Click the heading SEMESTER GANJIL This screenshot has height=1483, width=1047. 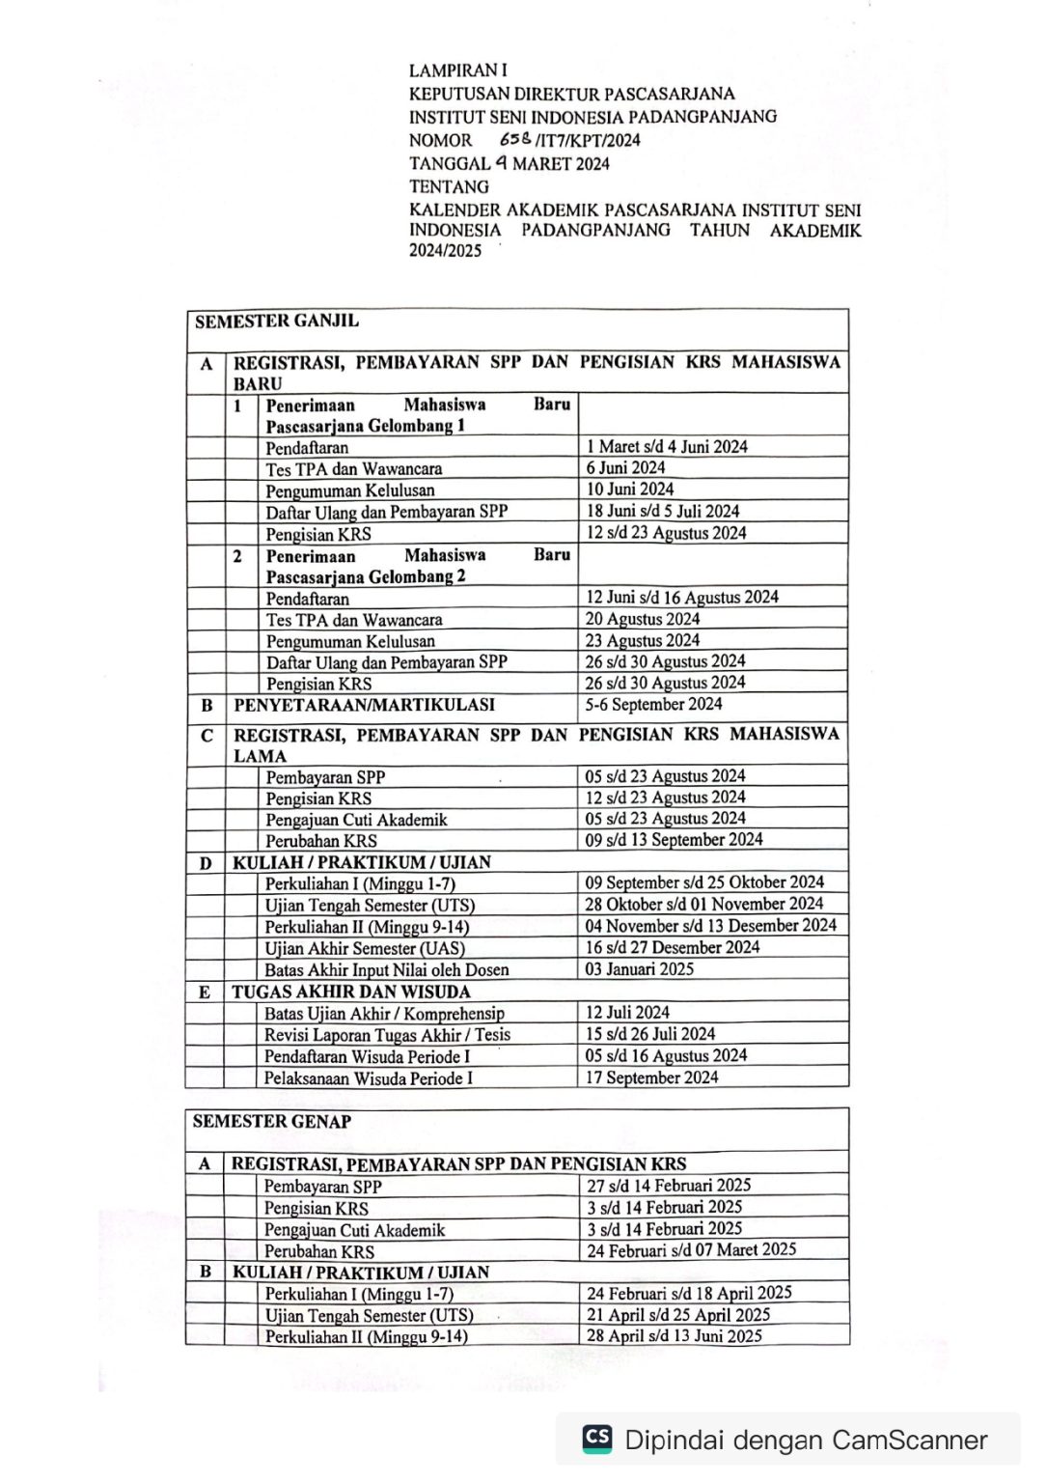coord(277,322)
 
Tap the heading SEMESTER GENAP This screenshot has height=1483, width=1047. coord(272,1122)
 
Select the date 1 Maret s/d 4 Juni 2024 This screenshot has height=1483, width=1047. coord(667,447)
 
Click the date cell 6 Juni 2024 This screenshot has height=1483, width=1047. coord(625,468)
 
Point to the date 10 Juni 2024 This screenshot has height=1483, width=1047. coord(630,490)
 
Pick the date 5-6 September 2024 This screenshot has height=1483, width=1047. coord(653,705)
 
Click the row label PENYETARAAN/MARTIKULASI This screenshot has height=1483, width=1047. coord(364,706)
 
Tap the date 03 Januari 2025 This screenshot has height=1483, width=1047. coord(640,969)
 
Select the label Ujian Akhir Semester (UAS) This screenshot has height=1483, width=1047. coord(365,948)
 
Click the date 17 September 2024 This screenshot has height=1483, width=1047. coord(652,1077)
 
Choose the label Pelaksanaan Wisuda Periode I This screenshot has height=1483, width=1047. coord(369,1078)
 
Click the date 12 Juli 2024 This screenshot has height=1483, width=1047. coord(627,1013)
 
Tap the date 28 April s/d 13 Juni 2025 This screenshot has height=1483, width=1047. coord(675,1336)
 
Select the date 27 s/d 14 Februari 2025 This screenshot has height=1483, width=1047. coord(669,1186)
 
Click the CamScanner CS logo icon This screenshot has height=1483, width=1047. coord(597,1439)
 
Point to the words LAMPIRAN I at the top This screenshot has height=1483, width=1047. coord(457,70)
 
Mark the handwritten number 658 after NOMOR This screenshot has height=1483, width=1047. coord(516,139)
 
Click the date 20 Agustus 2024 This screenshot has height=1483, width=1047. coord(643,619)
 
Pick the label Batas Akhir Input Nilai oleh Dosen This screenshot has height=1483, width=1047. coord(387,970)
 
